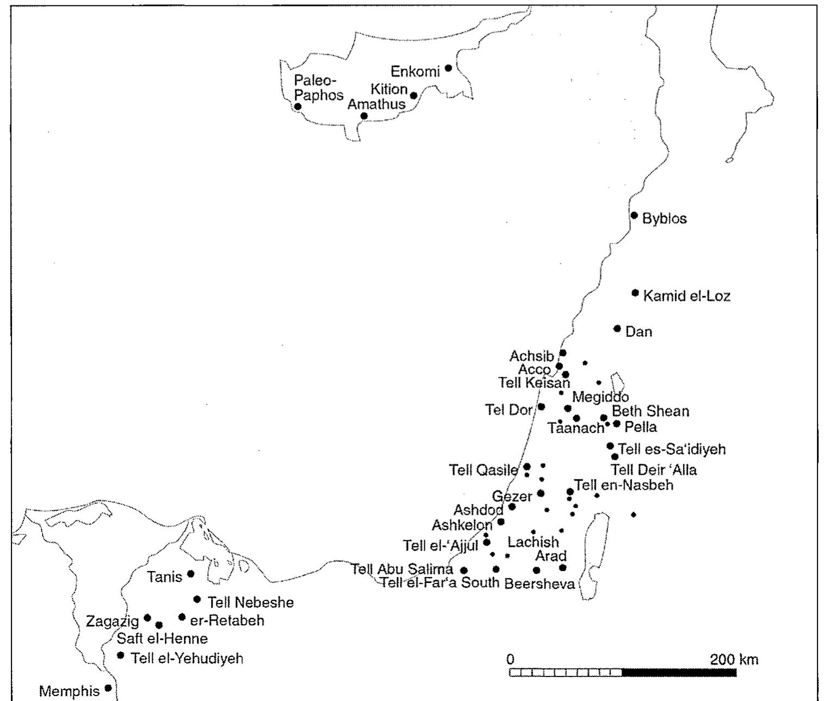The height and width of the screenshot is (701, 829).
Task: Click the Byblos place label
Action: click(664, 219)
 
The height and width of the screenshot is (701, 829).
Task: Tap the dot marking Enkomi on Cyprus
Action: click(448, 68)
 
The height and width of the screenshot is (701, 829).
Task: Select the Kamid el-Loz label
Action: click(686, 296)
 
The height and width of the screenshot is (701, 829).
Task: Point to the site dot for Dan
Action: click(617, 328)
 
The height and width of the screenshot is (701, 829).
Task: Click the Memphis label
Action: click(70, 691)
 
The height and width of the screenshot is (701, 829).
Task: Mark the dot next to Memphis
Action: click(108, 688)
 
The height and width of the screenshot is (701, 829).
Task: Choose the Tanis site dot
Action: click(191, 573)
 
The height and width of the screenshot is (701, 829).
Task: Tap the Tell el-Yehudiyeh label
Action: click(187, 659)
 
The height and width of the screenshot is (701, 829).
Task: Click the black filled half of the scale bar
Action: click(679, 673)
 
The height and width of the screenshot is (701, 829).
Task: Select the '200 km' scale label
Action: click(734, 660)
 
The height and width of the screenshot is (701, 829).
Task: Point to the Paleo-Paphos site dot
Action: click(298, 107)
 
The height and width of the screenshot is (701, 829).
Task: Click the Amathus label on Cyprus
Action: click(376, 104)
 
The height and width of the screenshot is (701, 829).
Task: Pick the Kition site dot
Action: click(413, 96)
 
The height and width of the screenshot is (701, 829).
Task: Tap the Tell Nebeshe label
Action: click(251, 602)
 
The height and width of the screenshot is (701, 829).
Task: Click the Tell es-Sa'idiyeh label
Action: click(672, 449)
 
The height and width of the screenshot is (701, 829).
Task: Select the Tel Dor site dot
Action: click(541, 406)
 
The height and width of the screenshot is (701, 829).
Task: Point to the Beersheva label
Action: click(540, 584)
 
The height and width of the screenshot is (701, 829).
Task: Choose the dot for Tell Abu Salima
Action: click(464, 570)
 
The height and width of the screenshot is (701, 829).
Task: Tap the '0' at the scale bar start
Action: click(510, 660)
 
